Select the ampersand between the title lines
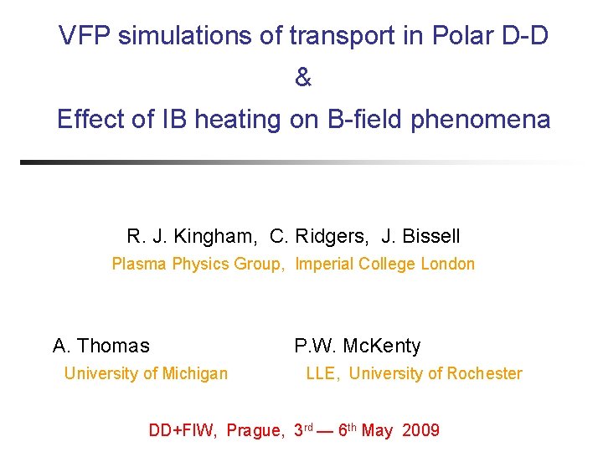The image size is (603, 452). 303,78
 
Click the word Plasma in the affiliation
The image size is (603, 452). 140,265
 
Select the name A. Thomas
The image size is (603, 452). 101,346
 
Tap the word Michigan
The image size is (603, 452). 192,373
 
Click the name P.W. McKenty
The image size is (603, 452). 358,346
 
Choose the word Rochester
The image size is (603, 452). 482,373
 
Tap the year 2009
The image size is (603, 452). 420,431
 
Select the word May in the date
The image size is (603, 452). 378,431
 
